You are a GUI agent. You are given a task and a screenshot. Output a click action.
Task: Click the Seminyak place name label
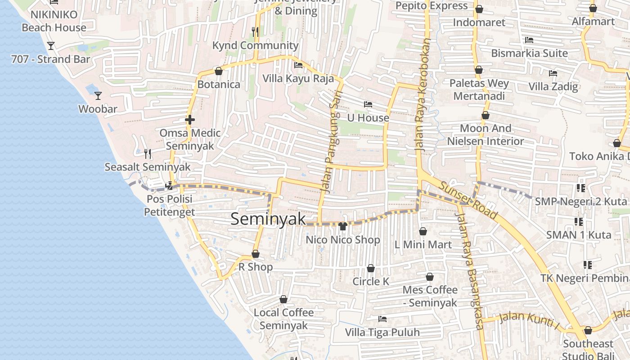[x=268, y=219]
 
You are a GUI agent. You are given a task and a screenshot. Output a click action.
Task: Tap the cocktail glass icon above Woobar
[x=98, y=95]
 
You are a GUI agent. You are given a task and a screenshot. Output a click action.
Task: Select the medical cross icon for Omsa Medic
[x=190, y=120]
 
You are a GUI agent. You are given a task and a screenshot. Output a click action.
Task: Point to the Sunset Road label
[x=468, y=200]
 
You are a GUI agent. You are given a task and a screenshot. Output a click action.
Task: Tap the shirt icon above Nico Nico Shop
[x=342, y=226]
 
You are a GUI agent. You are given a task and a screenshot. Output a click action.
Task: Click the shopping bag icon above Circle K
[x=370, y=268]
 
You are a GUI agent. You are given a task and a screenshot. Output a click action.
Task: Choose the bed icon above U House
[x=368, y=104]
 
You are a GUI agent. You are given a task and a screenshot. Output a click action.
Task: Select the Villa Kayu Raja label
[x=298, y=78]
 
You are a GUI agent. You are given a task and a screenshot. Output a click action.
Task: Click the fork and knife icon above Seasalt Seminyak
[x=148, y=154]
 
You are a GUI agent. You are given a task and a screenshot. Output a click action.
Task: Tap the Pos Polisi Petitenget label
[x=169, y=205]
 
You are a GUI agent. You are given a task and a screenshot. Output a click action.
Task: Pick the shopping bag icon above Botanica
[x=219, y=71]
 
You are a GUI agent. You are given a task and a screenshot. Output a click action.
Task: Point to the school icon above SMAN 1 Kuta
[x=578, y=221]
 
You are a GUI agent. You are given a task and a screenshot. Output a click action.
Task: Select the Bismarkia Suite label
[x=529, y=53]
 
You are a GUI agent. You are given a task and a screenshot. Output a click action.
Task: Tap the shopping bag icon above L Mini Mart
[x=423, y=231]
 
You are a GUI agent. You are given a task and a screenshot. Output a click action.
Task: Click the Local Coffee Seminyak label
[x=283, y=319]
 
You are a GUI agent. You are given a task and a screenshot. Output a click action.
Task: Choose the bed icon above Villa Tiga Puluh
[x=382, y=319]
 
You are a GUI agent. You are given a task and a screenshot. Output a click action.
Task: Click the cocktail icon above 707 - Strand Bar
[x=51, y=46]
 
